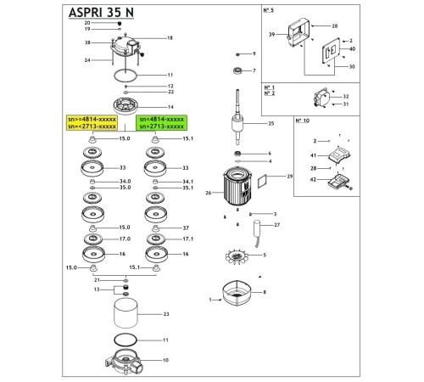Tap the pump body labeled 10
[x=126, y=363]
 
